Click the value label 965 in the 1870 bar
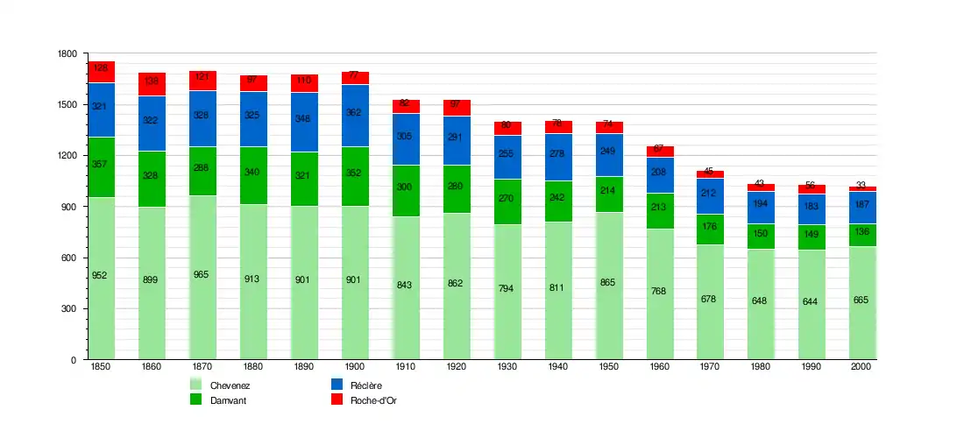point(202,274)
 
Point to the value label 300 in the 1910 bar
point(405,187)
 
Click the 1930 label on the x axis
point(507,367)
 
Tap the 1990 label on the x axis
point(812,367)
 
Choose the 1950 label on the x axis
point(609,367)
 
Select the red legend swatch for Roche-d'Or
point(336,399)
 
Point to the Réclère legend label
point(366,385)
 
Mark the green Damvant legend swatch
point(195,399)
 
